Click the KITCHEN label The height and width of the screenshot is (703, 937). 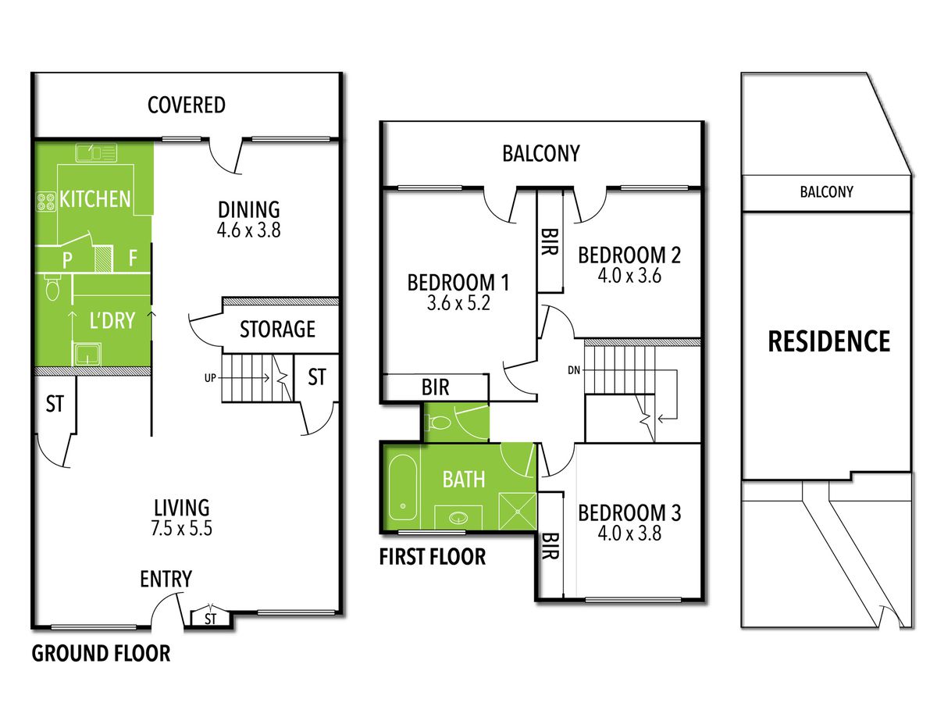(x=94, y=199)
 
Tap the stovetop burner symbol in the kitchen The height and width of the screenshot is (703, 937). (x=46, y=202)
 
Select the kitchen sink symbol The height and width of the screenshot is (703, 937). (x=97, y=153)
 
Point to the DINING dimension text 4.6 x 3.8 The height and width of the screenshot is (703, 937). (x=248, y=230)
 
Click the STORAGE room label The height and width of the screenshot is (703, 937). (x=277, y=329)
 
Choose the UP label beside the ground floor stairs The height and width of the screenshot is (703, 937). (x=210, y=378)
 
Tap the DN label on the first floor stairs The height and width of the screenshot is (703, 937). (x=574, y=370)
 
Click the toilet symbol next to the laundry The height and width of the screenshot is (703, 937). (x=52, y=287)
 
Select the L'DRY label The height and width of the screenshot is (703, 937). (x=112, y=320)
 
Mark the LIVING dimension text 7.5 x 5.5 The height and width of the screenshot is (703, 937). (x=181, y=529)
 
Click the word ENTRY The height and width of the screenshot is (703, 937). (x=166, y=579)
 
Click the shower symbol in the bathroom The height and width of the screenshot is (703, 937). (x=518, y=511)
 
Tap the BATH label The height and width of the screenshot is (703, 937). (x=464, y=480)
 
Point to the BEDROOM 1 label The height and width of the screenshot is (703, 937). (x=458, y=283)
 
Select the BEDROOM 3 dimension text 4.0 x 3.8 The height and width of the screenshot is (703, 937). (x=629, y=533)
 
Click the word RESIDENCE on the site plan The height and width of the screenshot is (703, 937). (x=829, y=341)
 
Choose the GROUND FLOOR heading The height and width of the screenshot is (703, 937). (x=102, y=654)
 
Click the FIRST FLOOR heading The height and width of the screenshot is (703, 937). (x=433, y=557)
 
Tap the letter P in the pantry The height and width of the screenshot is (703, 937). (x=67, y=259)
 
